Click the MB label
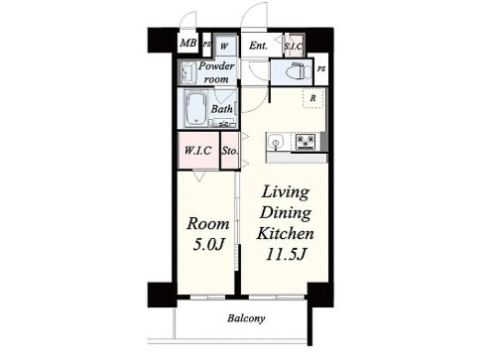(x=188, y=43)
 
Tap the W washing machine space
(x=225, y=45)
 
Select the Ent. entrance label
(x=258, y=46)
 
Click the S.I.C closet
(x=294, y=46)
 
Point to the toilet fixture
(x=301, y=71)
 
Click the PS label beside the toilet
(x=321, y=69)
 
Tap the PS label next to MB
(x=206, y=44)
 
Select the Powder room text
(x=216, y=72)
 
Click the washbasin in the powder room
(x=187, y=71)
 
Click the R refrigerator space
(x=312, y=98)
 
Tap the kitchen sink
(x=275, y=142)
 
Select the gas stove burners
(x=306, y=142)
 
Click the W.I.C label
(x=197, y=151)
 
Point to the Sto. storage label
(x=230, y=151)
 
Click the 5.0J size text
(x=208, y=245)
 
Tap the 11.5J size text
(x=285, y=254)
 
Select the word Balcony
(x=246, y=318)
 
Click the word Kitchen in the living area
(x=285, y=233)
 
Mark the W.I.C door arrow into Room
(x=199, y=176)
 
